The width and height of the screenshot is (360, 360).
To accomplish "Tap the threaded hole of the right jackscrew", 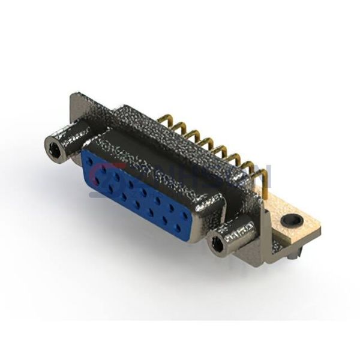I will click(x=215, y=244).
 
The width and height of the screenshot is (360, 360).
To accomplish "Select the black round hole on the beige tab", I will click(x=294, y=220).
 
